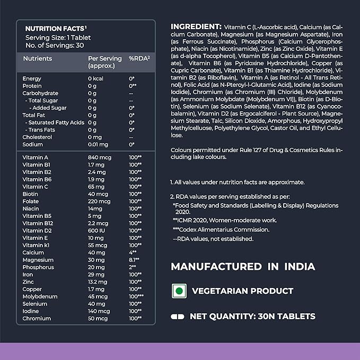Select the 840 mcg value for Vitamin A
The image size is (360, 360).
point(98,157)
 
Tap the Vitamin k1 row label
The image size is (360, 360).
point(36,245)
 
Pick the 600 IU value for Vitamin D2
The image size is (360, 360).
point(96,231)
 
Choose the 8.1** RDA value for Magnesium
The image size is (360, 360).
point(134,260)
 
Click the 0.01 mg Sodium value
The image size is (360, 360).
point(98,144)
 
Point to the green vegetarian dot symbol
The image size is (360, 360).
point(179,291)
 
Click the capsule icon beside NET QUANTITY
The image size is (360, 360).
point(177,317)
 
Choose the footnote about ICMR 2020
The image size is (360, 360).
point(224,219)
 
